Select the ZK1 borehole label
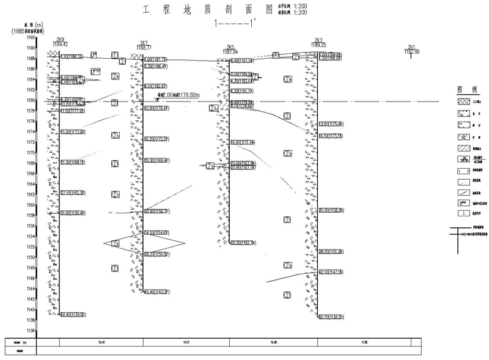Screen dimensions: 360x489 411,47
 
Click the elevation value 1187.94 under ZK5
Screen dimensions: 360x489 230,52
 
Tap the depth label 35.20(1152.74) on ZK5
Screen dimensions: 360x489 242,243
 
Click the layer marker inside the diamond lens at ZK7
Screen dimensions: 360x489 115,243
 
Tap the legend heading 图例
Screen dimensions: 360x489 464,89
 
